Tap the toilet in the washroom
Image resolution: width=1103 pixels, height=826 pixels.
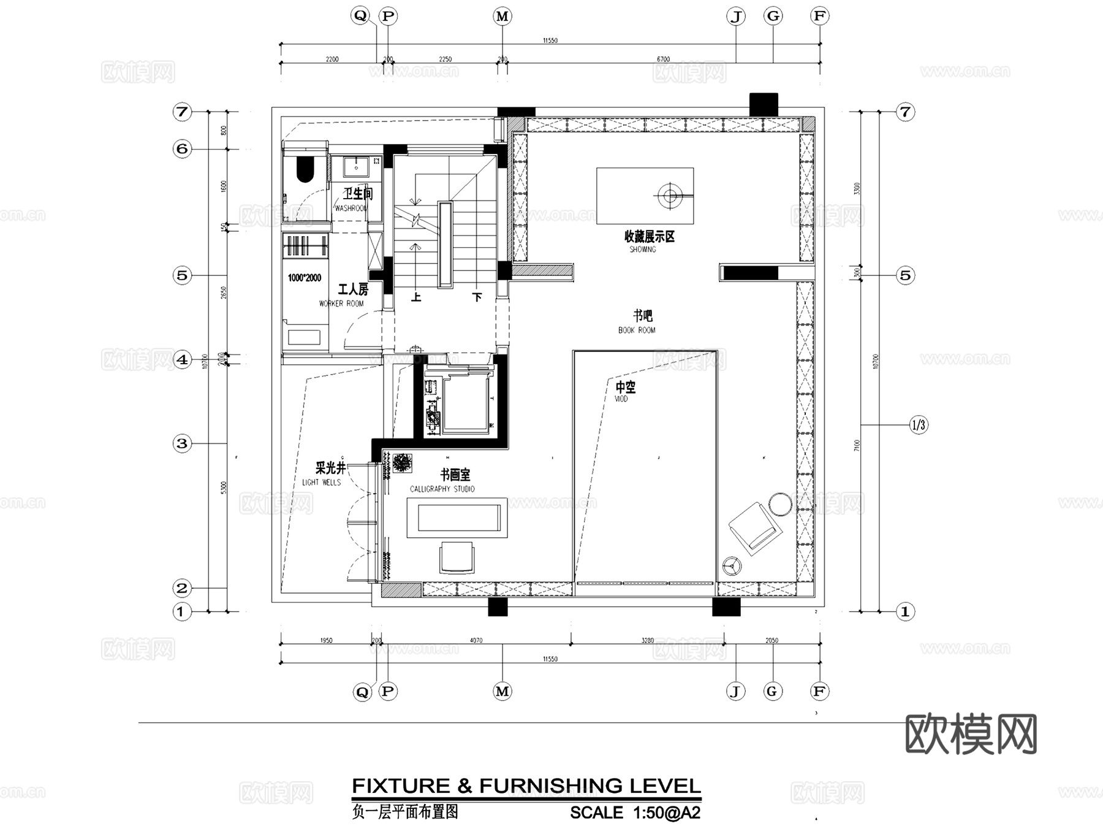point(305,170)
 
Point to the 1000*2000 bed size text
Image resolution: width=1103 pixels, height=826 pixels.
point(305,278)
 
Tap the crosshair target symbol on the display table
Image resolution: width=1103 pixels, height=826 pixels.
point(670,196)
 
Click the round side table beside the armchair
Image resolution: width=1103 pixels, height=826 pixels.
point(780,503)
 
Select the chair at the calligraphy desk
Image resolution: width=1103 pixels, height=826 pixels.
point(457,557)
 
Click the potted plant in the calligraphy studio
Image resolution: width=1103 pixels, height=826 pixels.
point(402,463)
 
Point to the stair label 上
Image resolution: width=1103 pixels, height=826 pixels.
point(416,297)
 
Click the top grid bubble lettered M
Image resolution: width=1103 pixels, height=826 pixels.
point(502,17)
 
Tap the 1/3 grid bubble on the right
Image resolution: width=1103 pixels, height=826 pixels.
point(918,424)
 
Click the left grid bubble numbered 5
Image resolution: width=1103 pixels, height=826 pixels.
point(182,275)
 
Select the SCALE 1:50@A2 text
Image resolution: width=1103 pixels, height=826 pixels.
point(635,813)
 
